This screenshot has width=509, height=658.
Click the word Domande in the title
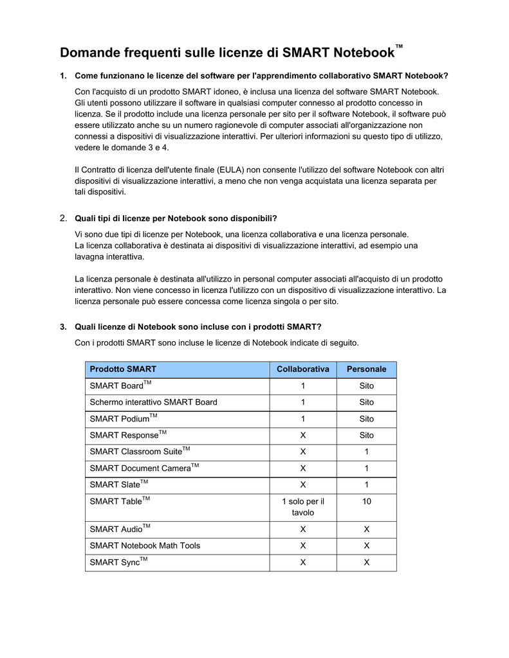click(90, 51)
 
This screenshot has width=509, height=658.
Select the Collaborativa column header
click(302, 369)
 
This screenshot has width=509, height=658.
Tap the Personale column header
click(366, 369)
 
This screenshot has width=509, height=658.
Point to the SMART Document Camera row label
click(140, 468)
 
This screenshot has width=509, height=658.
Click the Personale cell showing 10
click(366, 501)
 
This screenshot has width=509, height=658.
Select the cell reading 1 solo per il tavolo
click(302, 507)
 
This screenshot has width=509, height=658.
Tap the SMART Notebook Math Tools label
click(145, 546)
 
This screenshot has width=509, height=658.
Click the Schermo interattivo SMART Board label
click(153, 402)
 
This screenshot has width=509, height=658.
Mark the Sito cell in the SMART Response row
click(366, 435)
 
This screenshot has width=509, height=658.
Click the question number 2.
click(63, 218)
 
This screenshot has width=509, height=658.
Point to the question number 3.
click(63, 326)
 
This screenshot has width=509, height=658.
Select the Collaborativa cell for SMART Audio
click(302, 529)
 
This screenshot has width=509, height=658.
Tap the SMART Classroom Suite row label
click(136, 452)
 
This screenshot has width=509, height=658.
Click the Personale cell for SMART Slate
click(366, 485)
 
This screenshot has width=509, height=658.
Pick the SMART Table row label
click(116, 501)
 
